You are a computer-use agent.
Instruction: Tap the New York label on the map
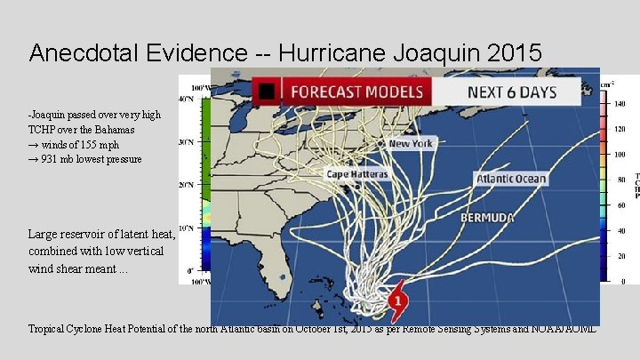[x=411, y=143]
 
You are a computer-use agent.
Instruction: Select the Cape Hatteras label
[x=357, y=174]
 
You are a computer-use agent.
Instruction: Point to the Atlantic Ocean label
[x=511, y=179]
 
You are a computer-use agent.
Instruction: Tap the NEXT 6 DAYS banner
[x=511, y=92]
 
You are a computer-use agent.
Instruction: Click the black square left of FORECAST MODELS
[x=264, y=91]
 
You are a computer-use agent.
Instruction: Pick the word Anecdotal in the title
[x=84, y=53]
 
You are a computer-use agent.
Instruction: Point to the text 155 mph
[x=100, y=144]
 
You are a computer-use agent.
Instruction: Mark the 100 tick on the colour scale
[x=620, y=155]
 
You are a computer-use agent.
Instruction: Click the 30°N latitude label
[x=186, y=141]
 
